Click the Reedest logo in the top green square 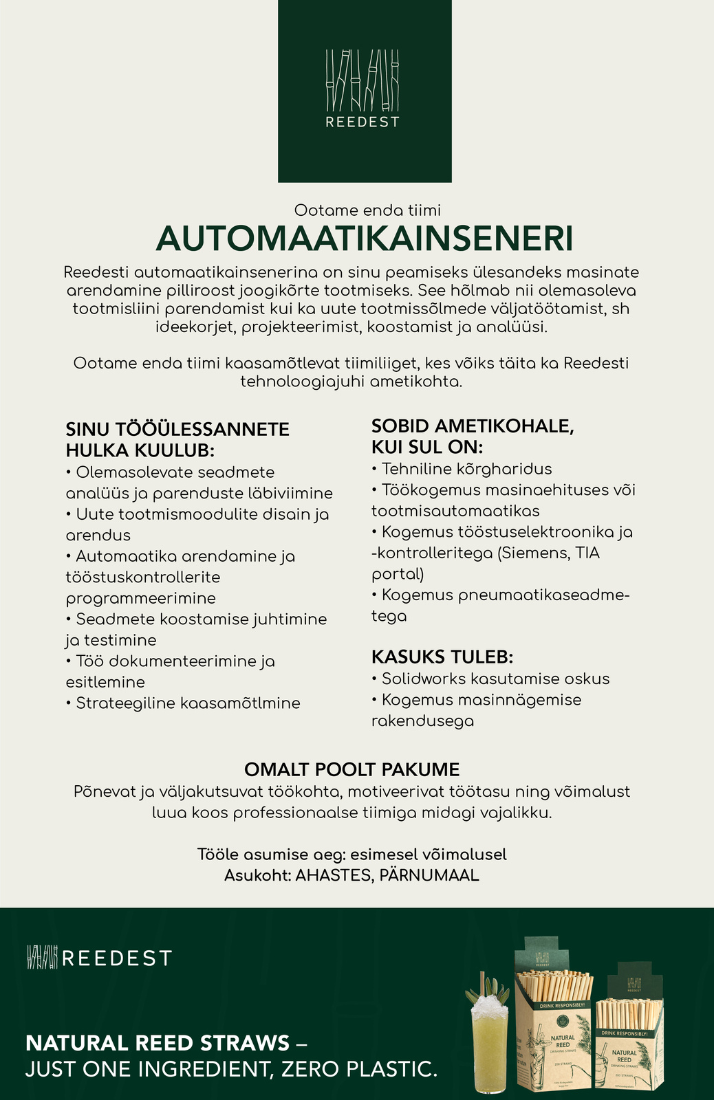tap(363, 89)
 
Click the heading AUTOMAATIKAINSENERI tap(364, 239)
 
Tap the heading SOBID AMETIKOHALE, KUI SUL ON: tap(473, 436)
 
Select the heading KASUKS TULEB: tap(442, 656)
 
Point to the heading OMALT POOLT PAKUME tap(351, 769)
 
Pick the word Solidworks tap(423, 679)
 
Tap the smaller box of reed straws tap(629, 1031)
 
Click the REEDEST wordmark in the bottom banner tap(116, 958)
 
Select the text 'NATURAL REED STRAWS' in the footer tap(158, 1043)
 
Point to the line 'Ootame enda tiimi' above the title tap(367, 210)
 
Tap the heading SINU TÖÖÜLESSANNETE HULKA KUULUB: tap(177, 439)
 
